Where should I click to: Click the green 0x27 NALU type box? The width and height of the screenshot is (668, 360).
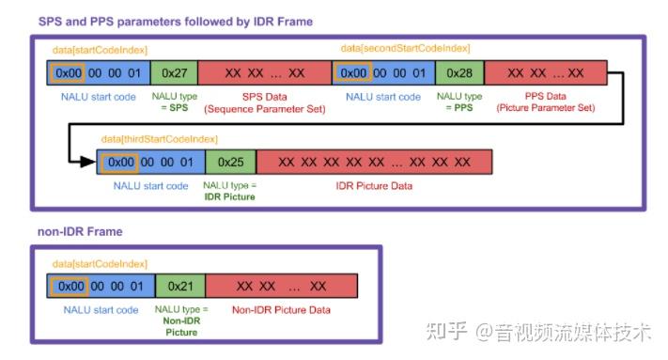173,73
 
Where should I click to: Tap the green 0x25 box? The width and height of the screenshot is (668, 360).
230,162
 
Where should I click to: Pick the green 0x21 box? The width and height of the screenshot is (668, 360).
180,286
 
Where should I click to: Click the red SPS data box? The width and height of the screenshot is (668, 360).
265,73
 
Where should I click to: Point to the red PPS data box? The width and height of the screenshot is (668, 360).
546,73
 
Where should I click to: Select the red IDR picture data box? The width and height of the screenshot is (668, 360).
375,162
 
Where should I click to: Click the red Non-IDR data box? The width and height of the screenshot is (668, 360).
281,286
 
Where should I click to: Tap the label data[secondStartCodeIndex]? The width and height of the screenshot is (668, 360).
405,48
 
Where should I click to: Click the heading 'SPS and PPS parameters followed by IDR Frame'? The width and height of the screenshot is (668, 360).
176,21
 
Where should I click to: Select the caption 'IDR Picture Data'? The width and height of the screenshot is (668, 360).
374,186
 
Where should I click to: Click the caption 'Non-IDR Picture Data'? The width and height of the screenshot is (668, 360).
281,309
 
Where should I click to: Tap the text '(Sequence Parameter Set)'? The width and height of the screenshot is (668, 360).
265,109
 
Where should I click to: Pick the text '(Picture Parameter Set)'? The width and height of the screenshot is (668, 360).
546,109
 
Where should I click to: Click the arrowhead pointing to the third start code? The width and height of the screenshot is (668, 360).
90,162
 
